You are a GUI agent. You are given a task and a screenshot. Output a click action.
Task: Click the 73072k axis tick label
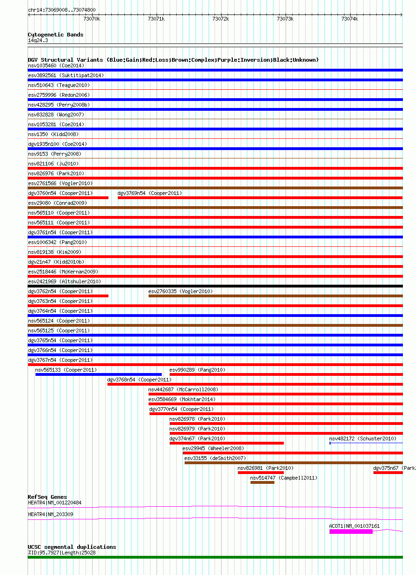click(221, 19)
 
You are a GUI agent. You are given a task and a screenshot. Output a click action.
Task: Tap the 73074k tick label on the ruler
click(349, 19)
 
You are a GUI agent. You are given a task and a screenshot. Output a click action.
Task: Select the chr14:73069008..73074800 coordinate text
click(62, 10)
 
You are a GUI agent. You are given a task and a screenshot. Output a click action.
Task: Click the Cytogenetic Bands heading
click(56, 35)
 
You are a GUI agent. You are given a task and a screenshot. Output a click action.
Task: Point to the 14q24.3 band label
click(38, 40)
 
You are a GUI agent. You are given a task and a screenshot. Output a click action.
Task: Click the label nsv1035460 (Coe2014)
click(56, 65)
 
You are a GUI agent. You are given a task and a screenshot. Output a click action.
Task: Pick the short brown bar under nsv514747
click(262, 482)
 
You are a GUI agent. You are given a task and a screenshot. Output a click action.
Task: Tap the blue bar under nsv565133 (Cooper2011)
click(99, 374)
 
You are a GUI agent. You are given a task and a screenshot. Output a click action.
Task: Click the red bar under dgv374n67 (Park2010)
click(227, 443)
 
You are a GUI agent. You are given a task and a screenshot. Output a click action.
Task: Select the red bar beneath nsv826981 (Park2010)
click(261, 473)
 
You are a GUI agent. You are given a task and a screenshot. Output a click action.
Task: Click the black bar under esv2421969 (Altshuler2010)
click(215, 286)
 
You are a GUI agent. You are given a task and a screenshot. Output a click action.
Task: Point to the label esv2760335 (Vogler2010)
click(180, 291)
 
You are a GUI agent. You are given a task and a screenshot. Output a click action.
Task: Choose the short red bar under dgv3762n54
click(68, 296)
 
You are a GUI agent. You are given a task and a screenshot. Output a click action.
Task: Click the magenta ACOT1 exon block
click(351, 532)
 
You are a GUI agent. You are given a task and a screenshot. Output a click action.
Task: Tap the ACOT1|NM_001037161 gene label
click(354, 526)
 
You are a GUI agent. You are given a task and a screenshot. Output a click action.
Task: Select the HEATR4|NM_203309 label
click(50, 514)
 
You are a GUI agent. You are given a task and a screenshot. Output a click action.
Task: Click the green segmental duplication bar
click(215, 557)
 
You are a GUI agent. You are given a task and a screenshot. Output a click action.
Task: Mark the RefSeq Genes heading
click(47, 497)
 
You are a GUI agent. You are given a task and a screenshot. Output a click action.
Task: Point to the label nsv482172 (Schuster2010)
click(363, 438)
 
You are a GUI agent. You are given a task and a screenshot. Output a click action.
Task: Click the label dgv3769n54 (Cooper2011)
click(150, 193)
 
